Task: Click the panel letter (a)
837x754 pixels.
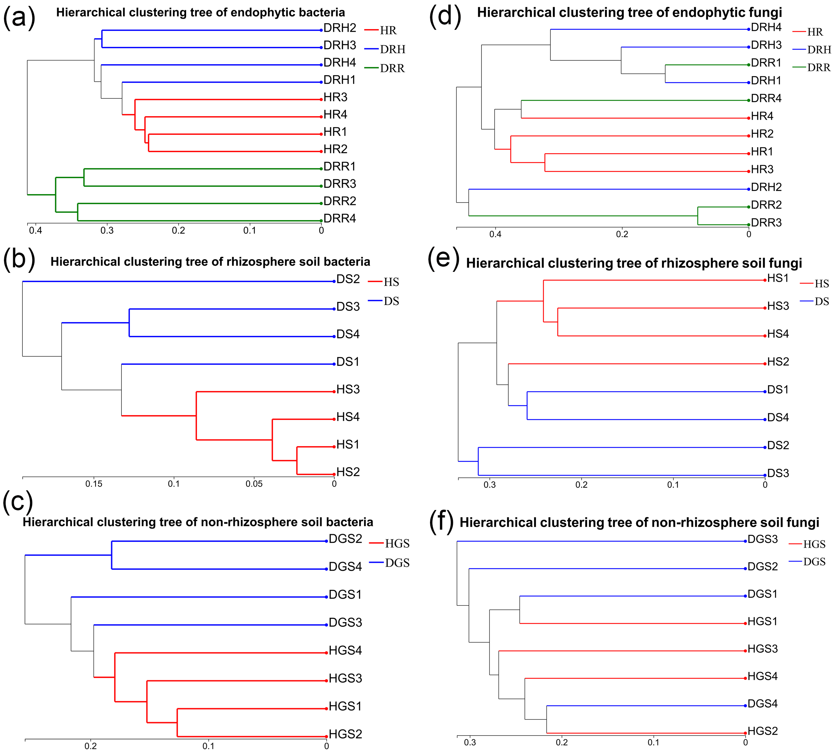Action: (x=19, y=18)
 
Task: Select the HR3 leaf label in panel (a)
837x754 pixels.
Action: (x=335, y=97)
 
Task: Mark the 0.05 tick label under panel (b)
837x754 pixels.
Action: (x=254, y=484)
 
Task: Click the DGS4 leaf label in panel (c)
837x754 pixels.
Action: (x=345, y=567)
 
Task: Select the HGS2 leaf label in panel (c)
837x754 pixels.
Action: (x=345, y=734)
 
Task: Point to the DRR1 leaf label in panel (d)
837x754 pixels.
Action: (x=766, y=63)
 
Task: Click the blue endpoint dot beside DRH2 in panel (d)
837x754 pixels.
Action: (x=748, y=189)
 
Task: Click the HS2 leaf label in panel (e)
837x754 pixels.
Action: (x=778, y=362)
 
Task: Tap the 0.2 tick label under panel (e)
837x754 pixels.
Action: (x=581, y=485)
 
